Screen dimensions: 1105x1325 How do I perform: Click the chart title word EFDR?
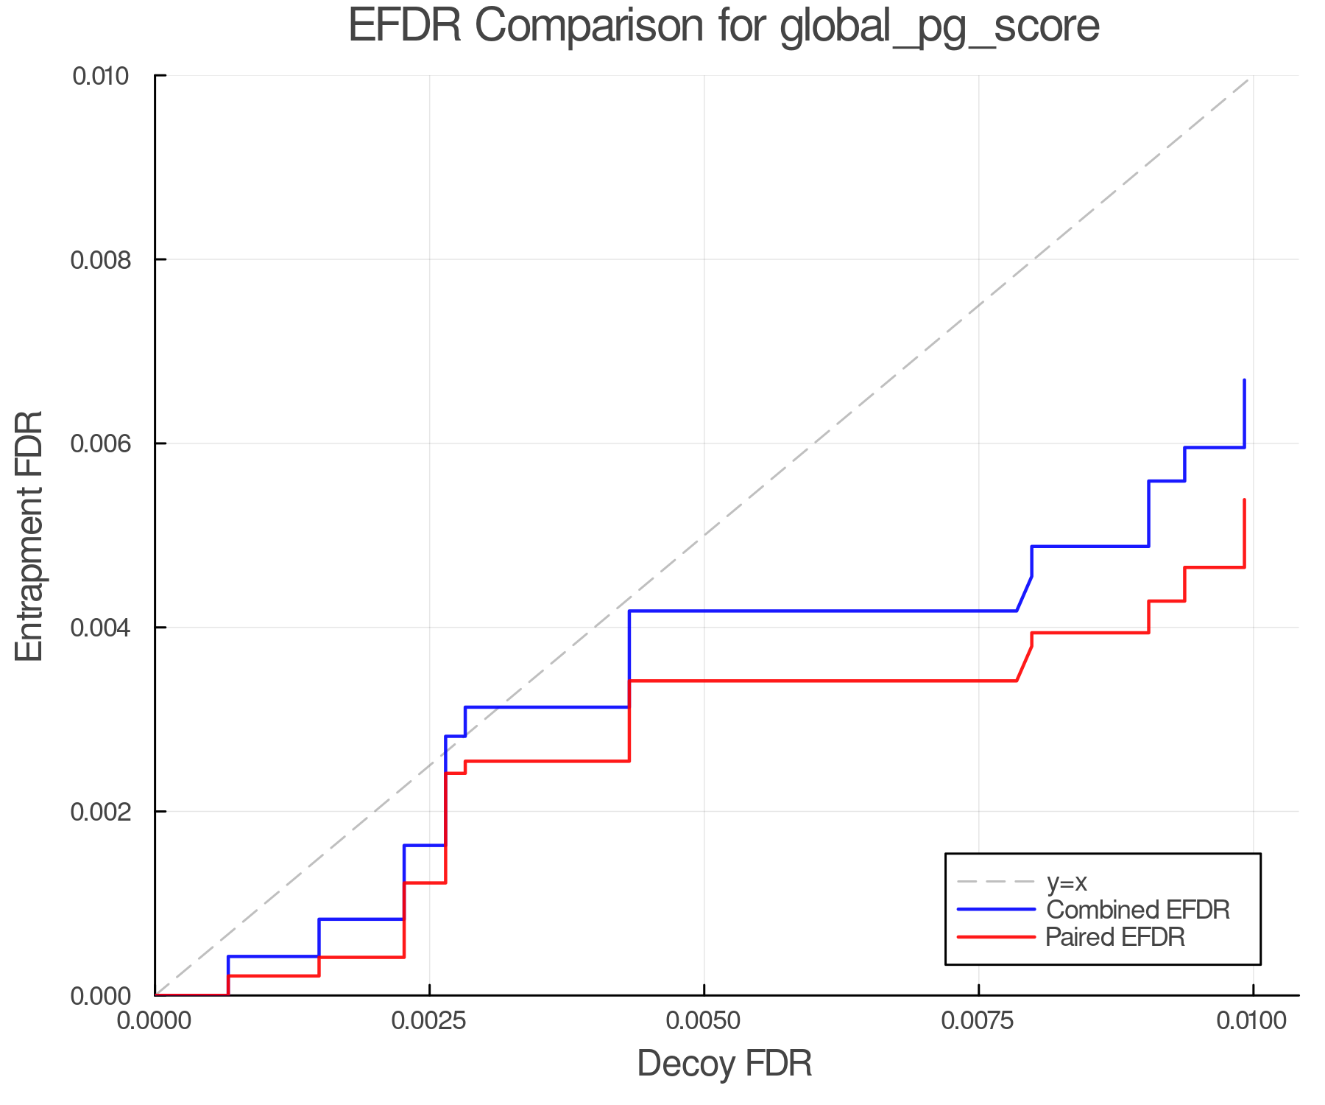pyautogui.click(x=404, y=26)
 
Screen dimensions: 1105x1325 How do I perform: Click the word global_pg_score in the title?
pyautogui.click(x=939, y=27)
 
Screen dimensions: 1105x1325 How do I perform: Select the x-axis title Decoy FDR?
pyautogui.click(x=724, y=1064)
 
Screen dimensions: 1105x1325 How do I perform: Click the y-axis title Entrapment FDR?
pyautogui.click(x=29, y=536)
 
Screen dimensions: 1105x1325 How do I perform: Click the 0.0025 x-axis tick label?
pyautogui.click(x=429, y=1021)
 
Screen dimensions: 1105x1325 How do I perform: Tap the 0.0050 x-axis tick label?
pyautogui.click(x=704, y=1021)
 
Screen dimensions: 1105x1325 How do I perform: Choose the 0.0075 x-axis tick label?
pyautogui.click(x=978, y=1021)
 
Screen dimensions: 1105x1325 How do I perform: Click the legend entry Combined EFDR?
pyautogui.click(x=1137, y=910)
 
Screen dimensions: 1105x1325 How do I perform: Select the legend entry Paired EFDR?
pyautogui.click(x=1114, y=937)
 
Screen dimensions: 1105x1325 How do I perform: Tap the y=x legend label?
pyautogui.click(x=1067, y=883)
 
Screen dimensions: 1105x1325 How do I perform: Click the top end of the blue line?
pyautogui.click(x=1244, y=380)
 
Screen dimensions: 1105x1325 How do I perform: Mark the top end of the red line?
pyautogui.click(x=1244, y=500)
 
